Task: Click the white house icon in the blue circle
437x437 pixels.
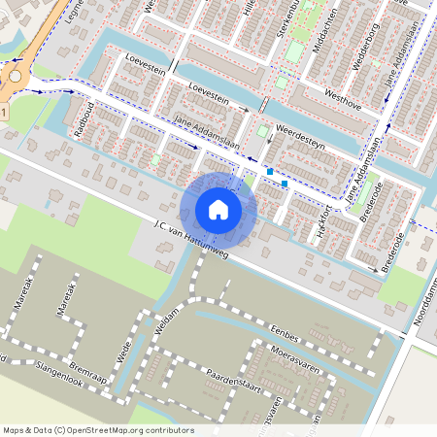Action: pos(218,209)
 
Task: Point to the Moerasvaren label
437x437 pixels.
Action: pos(295,354)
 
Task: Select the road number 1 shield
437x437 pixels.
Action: pos(4,114)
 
